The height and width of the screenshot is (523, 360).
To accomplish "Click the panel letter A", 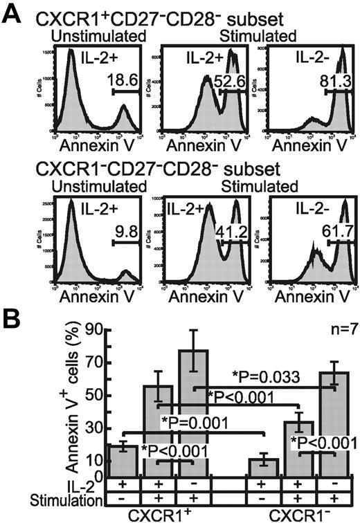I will coord(13,13).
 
